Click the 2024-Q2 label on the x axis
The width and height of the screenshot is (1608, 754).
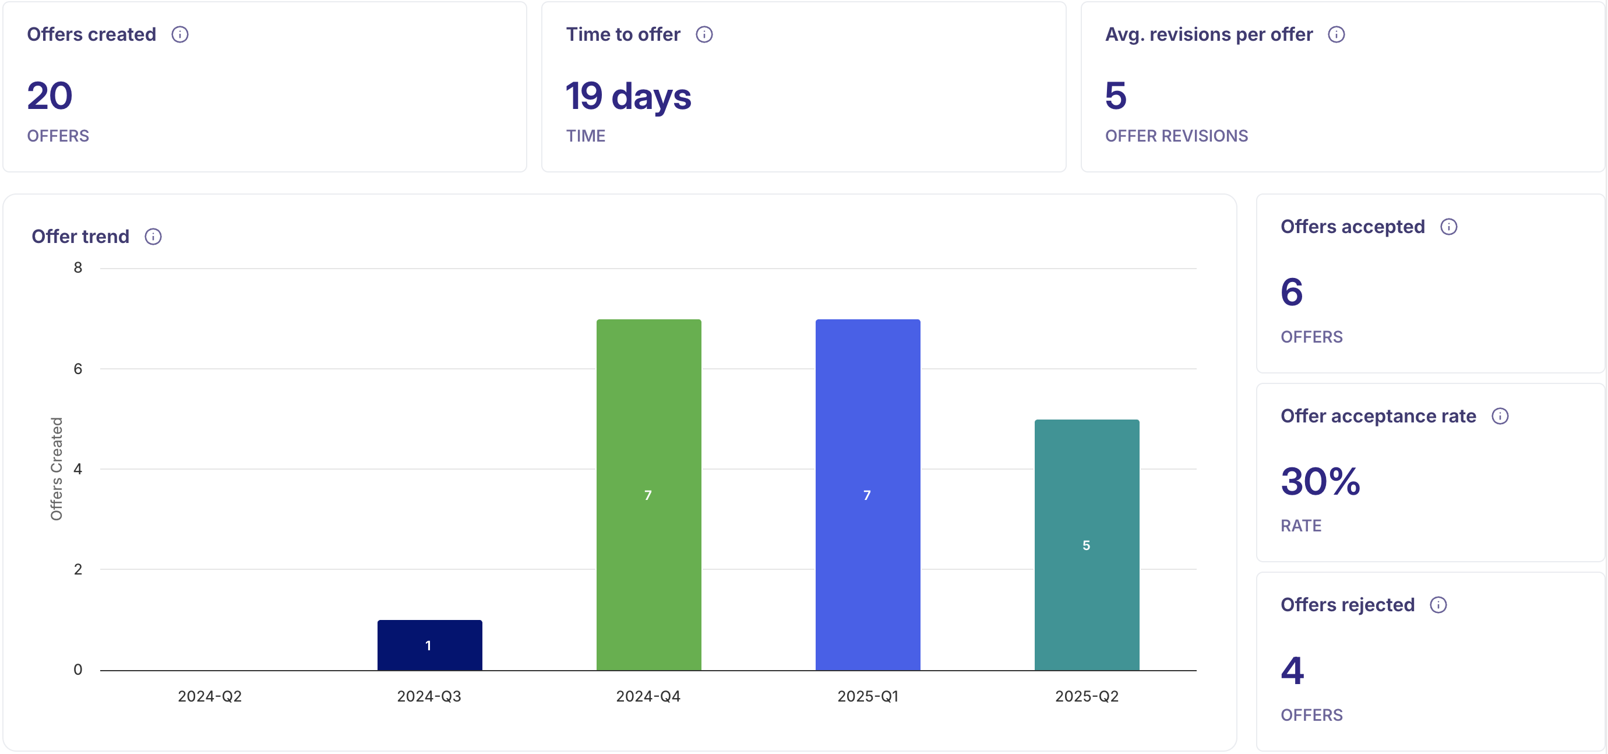click(210, 696)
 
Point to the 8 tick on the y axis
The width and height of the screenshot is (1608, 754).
click(78, 268)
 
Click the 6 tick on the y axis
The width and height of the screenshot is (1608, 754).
click(78, 369)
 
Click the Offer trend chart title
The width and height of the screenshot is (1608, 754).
click(80, 237)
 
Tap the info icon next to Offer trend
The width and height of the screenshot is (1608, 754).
click(153, 237)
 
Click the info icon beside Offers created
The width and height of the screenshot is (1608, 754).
click(181, 34)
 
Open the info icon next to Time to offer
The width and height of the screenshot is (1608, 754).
click(704, 34)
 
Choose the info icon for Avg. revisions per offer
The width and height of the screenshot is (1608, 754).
click(1337, 34)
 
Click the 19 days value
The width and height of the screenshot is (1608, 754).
click(628, 97)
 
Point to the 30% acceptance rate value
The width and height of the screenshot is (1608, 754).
click(1320, 481)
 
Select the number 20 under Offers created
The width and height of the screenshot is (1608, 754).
click(50, 96)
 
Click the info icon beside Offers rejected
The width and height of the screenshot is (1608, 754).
click(1438, 605)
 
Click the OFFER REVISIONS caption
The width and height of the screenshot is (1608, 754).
click(1176, 136)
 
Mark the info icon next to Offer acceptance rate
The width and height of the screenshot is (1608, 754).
click(1500, 416)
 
